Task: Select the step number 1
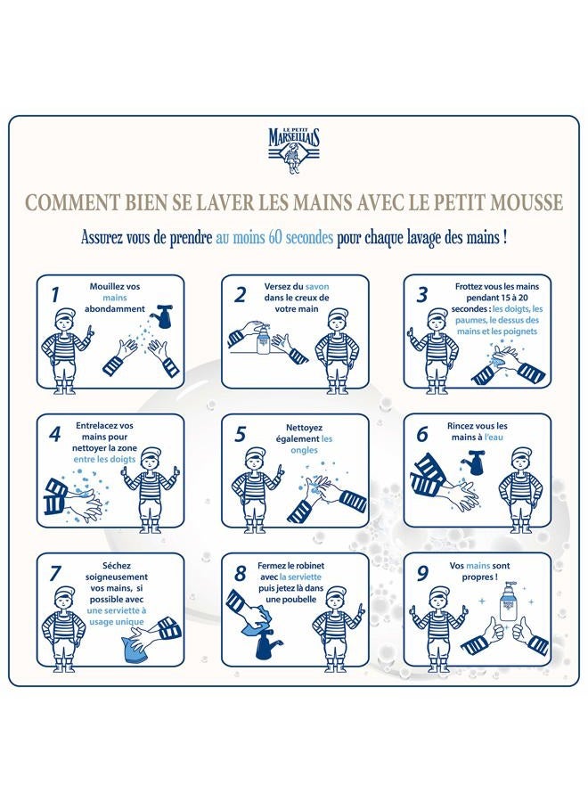pyautogui.click(x=54, y=293)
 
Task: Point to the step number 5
pyautogui.click(x=239, y=434)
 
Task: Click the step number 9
pyautogui.click(x=422, y=572)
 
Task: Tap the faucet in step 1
pyautogui.click(x=162, y=315)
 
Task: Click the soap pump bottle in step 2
pyautogui.click(x=264, y=339)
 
